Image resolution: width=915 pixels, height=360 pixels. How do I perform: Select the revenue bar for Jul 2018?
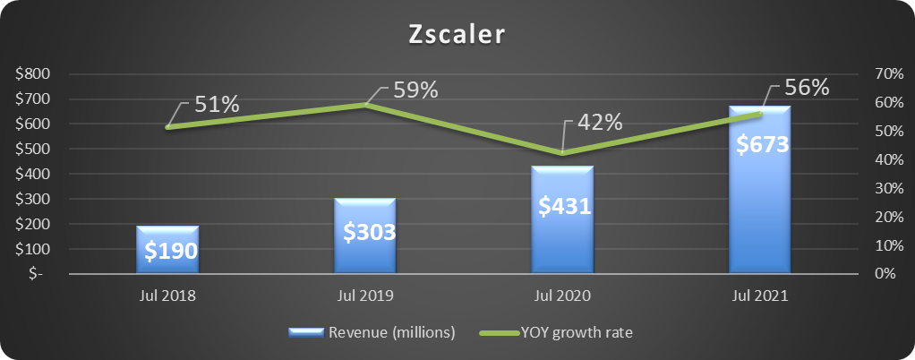[x=167, y=255]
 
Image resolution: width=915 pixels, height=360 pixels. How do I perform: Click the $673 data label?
[x=760, y=143]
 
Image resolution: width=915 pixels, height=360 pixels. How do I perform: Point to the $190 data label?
[x=167, y=251]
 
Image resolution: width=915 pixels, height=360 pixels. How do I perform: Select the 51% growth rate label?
[x=218, y=104]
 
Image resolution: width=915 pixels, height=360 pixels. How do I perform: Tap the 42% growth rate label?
[x=599, y=123]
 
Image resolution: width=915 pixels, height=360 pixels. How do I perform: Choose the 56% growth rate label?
[x=807, y=88]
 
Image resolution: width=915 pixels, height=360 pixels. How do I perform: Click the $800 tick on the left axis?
[x=33, y=74]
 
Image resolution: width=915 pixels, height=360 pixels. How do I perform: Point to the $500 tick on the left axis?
[x=33, y=150]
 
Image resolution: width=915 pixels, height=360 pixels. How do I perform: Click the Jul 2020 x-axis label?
[x=562, y=296]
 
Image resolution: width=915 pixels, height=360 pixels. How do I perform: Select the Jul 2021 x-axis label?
[x=760, y=296]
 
